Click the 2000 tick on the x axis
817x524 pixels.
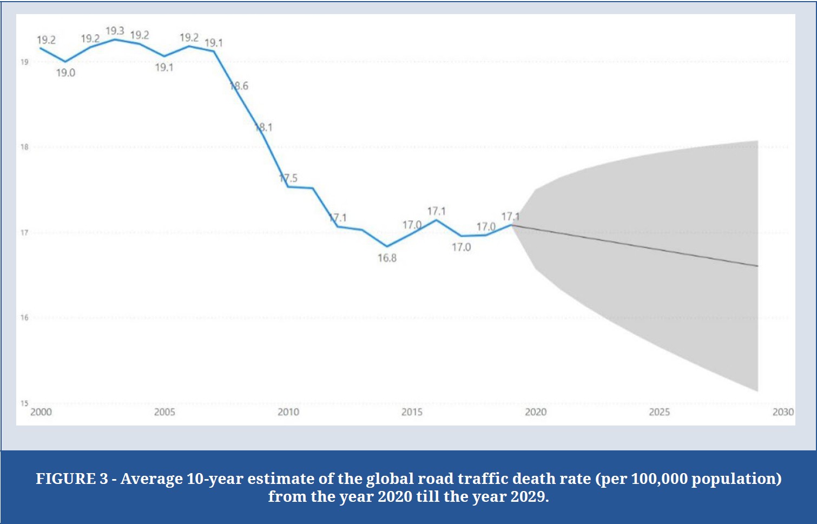[41, 412]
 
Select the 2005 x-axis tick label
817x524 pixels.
[164, 412]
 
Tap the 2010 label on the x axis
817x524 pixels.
[288, 412]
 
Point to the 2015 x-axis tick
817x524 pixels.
[412, 412]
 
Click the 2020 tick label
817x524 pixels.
[536, 412]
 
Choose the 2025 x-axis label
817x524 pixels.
[659, 412]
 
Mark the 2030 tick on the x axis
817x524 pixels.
[783, 412]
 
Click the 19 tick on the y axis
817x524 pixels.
[24, 62]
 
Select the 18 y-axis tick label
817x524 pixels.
[24, 147]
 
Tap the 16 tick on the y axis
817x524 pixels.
[24, 317]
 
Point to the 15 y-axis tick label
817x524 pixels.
[24, 403]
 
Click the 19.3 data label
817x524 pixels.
[115, 31]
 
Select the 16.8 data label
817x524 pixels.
[387, 258]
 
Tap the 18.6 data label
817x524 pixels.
[239, 86]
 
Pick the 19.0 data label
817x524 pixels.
[65, 73]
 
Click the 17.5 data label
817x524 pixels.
[288, 178]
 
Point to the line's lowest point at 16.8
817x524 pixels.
[387, 246]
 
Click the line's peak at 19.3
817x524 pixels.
[115, 39]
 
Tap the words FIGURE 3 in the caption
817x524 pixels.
[72, 479]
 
